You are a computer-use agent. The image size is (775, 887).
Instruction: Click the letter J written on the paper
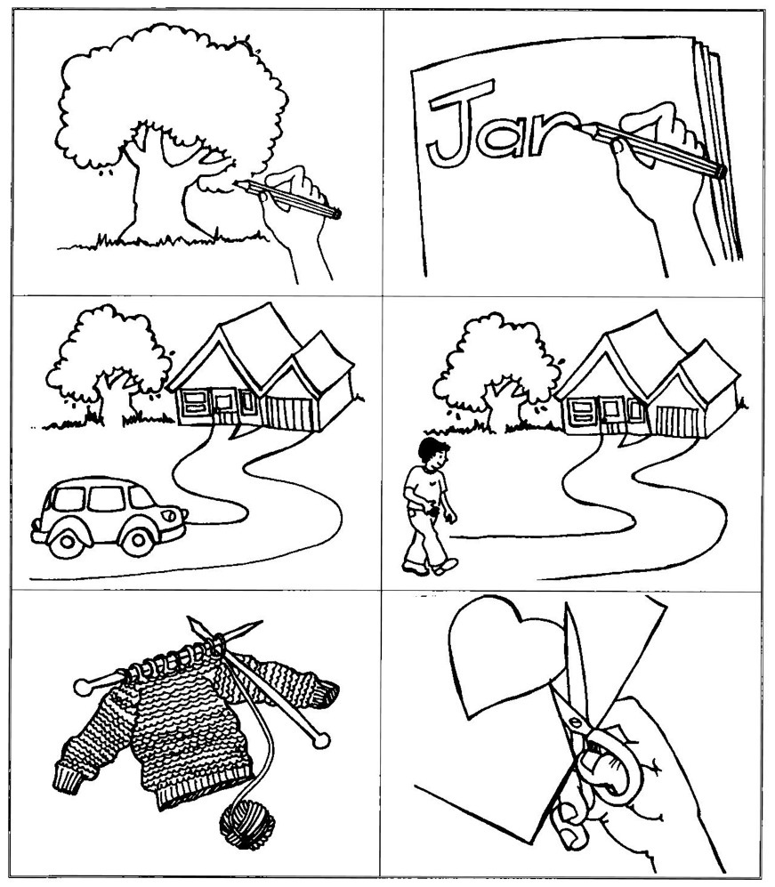(459, 122)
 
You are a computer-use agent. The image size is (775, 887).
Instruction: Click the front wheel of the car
(138, 540)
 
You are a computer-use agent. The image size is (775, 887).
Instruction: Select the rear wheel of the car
(67, 542)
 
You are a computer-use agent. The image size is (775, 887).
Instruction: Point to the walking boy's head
(433, 454)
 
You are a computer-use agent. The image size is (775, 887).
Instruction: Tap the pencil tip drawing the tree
(238, 184)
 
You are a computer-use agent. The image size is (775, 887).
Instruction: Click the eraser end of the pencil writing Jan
(720, 171)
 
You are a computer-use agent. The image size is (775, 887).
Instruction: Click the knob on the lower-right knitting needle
(321, 740)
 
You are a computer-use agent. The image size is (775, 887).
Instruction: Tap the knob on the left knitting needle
(82, 688)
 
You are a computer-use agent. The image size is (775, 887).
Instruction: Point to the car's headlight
(167, 515)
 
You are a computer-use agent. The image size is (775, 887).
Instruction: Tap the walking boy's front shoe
(447, 566)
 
